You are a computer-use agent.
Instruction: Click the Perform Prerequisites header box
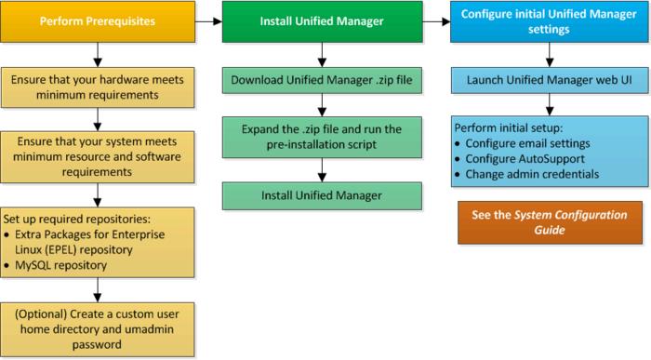tap(98, 21)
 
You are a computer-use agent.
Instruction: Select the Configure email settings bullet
tap(530, 144)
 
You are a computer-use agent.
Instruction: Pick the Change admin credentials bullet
tap(535, 175)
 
